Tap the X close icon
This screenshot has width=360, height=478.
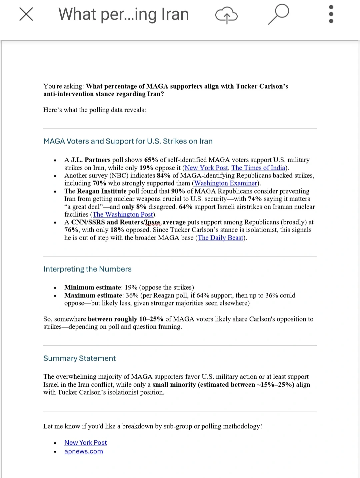pos(26,14)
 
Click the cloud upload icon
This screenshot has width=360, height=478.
pos(226,15)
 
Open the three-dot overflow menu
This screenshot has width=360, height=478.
pos(331,14)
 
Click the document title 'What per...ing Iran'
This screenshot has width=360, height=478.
pos(124,14)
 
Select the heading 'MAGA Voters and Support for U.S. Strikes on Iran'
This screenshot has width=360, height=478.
pos(128,141)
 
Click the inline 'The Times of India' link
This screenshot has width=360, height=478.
pos(258,168)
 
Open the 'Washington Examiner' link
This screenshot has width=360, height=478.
pos(226,183)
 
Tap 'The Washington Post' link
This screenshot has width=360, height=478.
pos(123,215)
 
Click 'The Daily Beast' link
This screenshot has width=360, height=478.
pos(221,238)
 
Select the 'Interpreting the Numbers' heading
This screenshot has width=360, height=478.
pos(87,269)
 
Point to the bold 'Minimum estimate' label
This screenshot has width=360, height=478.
pos(93,287)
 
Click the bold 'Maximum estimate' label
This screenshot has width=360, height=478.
pos(93,295)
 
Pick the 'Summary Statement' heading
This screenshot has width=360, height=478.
pos(79,358)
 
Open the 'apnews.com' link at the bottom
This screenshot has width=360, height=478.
pos(84,451)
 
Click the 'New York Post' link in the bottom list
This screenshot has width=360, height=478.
pos(86,443)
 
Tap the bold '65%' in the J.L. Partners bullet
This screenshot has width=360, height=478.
pos(151,160)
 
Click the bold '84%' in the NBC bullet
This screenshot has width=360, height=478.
pos(164,176)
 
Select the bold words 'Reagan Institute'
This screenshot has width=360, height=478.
pos(102,191)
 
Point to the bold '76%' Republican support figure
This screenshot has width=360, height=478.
pos(71,230)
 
